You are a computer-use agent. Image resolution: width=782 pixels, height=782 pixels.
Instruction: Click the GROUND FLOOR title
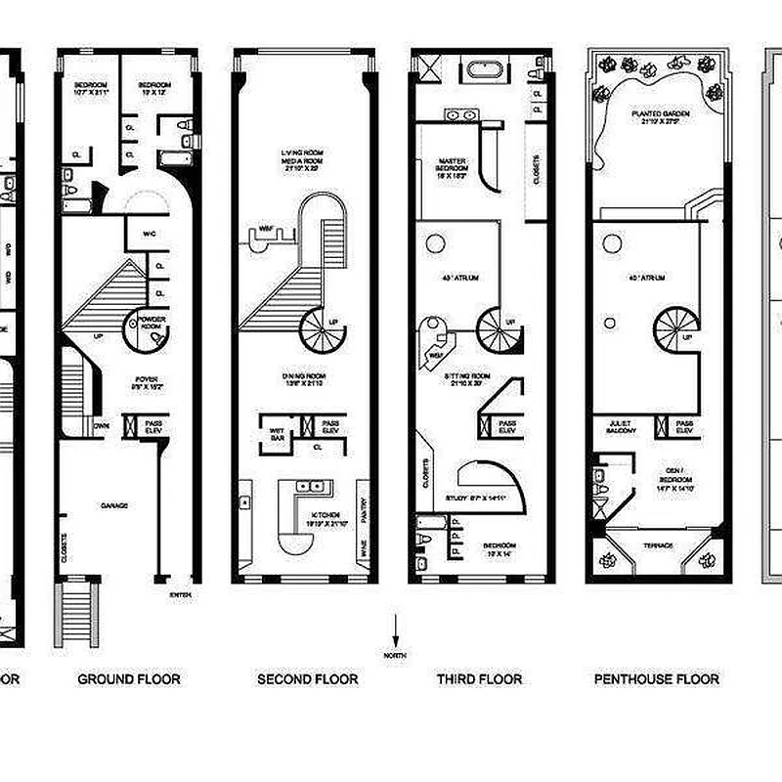click(x=129, y=678)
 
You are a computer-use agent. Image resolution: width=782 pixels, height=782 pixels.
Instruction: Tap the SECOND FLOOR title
click(x=307, y=678)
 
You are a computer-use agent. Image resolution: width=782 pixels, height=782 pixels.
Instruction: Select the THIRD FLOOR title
click(x=479, y=678)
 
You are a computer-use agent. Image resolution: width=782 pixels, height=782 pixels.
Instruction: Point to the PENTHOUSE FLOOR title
click(x=656, y=678)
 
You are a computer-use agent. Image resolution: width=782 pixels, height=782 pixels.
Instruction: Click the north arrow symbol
click(x=395, y=630)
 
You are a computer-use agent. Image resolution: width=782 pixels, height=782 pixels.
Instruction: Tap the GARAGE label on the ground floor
click(x=114, y=505)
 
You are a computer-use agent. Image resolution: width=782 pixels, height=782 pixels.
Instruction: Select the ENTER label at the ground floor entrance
click(x=180, y=593)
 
